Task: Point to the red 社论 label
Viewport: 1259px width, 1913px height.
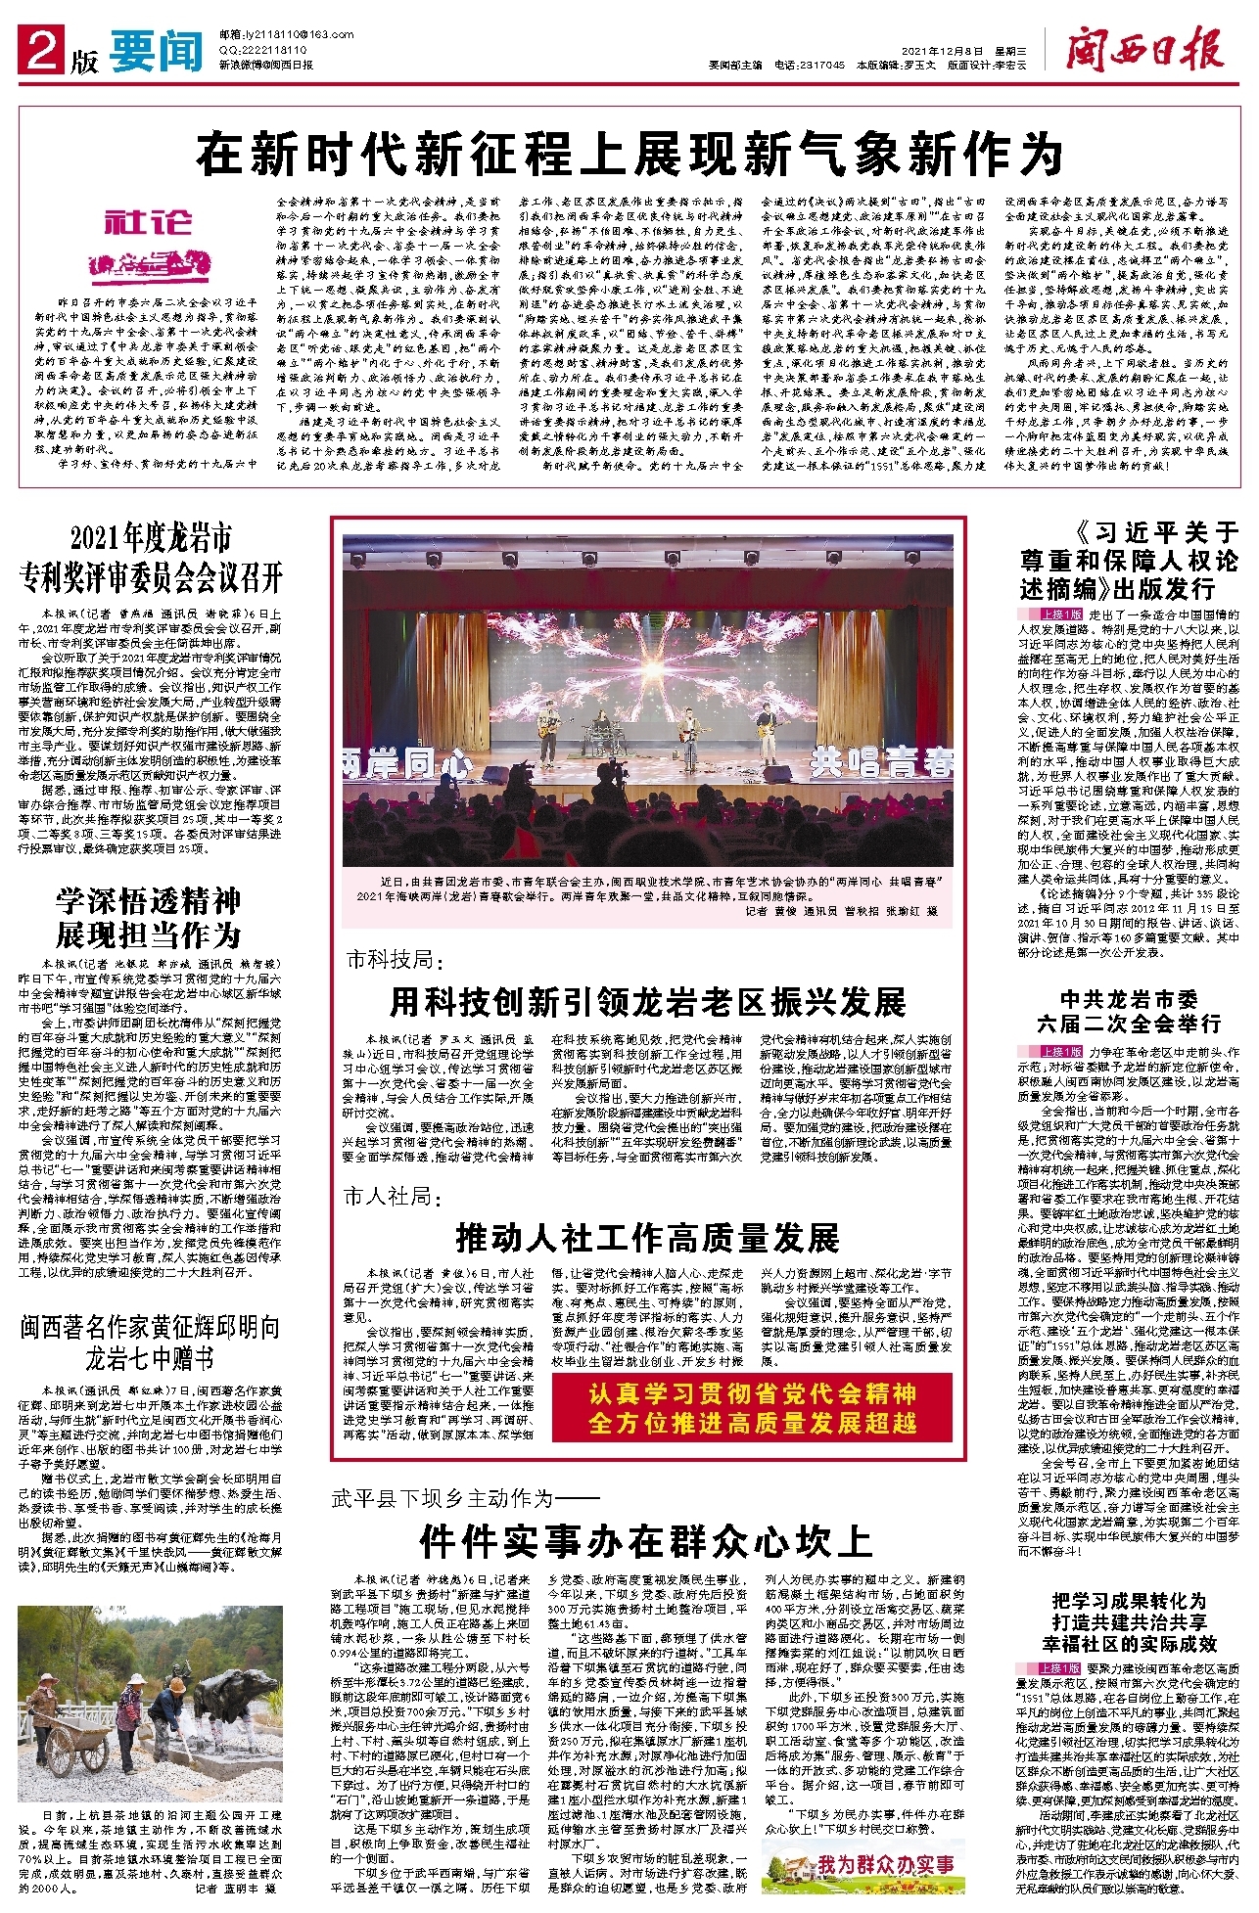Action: [147, 223]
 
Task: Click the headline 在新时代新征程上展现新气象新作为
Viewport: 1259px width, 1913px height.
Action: [629, 153]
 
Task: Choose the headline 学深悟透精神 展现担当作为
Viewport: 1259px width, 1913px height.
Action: [148, 917]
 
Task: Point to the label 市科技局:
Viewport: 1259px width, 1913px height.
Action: [390, 959]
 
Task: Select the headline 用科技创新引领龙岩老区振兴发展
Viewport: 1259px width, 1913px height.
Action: [647, 1001]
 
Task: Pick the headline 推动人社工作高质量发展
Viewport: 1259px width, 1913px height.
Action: [647, 1238]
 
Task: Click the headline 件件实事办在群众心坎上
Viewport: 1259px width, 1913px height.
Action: [645, 1542]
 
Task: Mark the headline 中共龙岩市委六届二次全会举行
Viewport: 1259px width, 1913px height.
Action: [1129, 1011]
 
